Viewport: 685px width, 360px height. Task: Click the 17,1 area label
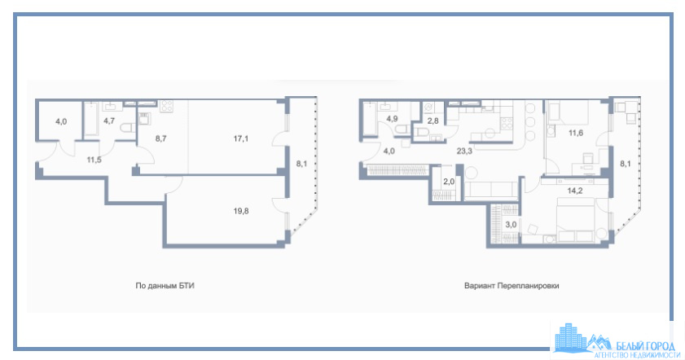[241, 139]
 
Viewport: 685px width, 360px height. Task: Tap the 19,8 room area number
[241, 212]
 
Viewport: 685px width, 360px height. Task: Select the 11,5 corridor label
[94, 160]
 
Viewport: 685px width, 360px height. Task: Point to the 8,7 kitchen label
[160, 139]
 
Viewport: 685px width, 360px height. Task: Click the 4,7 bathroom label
[109, 121]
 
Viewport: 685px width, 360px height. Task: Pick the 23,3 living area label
[464, 151]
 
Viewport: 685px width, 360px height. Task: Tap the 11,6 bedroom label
[576, 133]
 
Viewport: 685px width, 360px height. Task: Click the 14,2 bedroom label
[575, 191]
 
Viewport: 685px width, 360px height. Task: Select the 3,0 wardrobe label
[512, 225]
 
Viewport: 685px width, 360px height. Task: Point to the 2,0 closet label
[449, 182]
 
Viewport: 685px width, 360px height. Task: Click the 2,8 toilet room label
[433, 121]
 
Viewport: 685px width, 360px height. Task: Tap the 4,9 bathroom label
[393, 119]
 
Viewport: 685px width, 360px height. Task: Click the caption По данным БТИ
[165, 286]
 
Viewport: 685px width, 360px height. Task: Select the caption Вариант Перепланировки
[512, 286]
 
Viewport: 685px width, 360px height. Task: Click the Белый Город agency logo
[617, 340]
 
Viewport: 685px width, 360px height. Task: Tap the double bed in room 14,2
[575, 220]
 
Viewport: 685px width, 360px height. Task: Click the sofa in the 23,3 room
[490, 191]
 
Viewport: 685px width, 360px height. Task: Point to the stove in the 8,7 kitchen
[166, 106]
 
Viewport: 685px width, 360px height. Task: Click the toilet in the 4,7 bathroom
[127, 129]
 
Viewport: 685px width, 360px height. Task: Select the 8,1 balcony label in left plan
[301, 164]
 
